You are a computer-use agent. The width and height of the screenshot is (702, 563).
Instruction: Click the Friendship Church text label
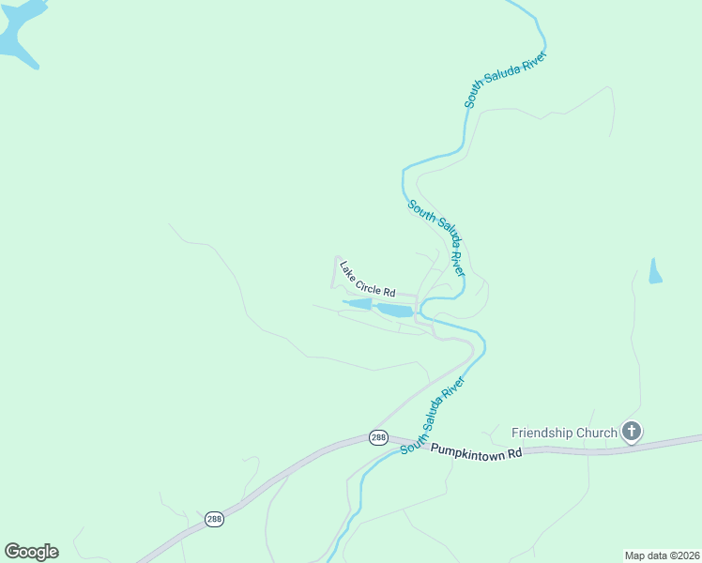pos(564,433)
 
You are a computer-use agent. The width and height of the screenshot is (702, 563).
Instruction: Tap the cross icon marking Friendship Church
pos(632,432)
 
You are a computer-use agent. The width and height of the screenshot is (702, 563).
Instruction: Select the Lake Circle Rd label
pos(368,280)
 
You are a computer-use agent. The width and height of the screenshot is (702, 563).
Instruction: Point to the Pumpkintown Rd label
pos(476,451)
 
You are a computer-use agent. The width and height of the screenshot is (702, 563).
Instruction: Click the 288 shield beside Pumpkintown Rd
pos(377,437)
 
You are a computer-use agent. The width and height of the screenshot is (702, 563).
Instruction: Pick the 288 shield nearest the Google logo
pos(215,519)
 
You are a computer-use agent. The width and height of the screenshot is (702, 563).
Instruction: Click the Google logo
pos(31,552)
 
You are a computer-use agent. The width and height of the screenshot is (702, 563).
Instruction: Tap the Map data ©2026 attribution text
pos(662,555)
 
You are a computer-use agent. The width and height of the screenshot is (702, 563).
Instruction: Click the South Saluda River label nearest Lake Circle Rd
pos(435,237)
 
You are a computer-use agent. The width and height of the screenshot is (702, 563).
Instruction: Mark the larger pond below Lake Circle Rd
pos(395,310)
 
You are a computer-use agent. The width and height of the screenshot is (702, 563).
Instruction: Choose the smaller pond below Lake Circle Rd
pos(359,304)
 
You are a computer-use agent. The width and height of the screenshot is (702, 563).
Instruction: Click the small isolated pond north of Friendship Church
pos(655,271)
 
